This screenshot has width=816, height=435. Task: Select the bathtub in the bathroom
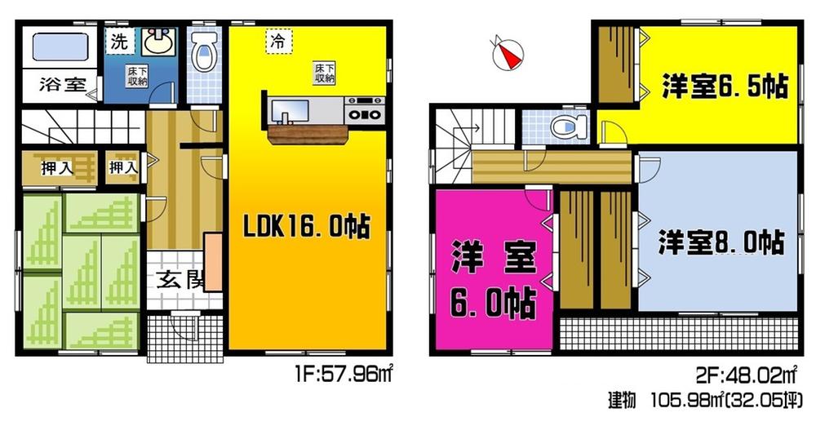coord(55,48)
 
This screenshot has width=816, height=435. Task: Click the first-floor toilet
coord(202,54)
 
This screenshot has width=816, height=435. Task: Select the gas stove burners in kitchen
coord(365,109)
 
